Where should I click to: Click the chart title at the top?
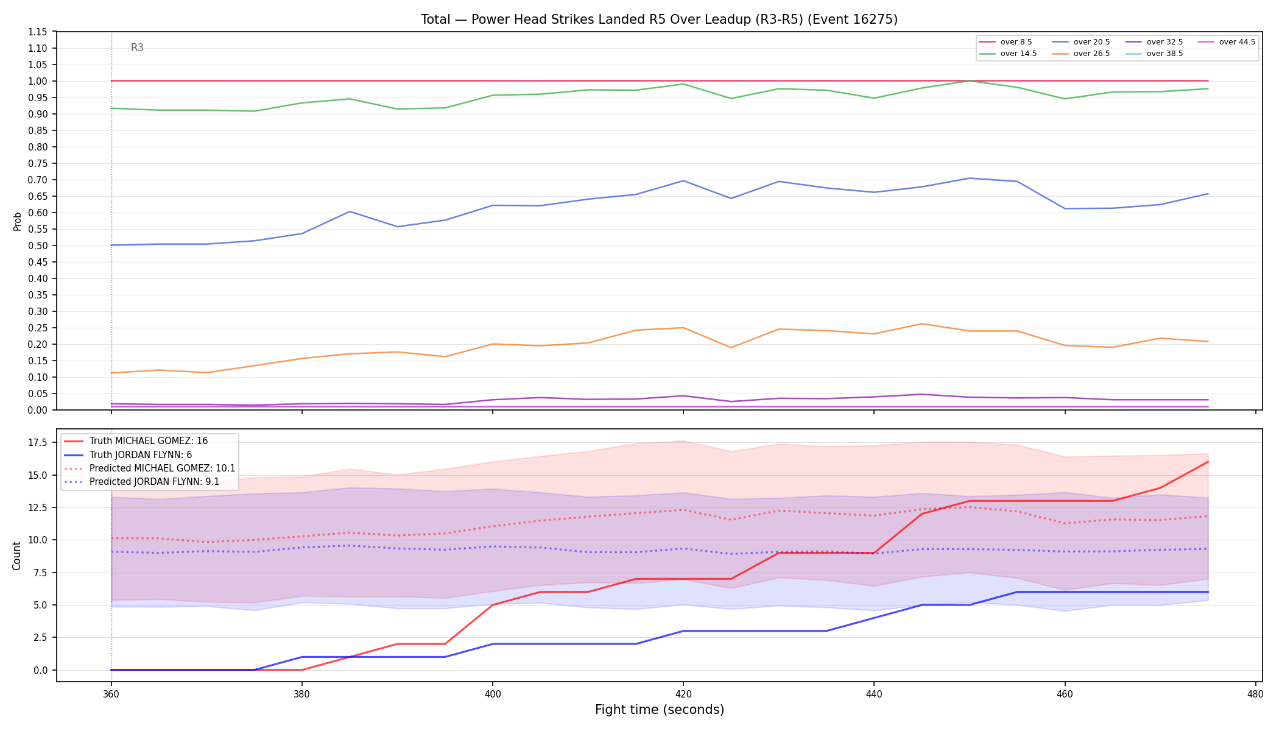pos(659,19)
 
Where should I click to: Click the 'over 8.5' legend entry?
pos(1006,42)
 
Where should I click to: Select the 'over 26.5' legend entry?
pos(1080,54)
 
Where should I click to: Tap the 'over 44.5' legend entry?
pos(1226,42)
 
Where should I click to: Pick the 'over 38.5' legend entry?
pos(1154,54)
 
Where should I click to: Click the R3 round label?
pos(138,48)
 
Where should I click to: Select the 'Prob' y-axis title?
pos(18,221)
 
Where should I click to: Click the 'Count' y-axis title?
pos(16,556)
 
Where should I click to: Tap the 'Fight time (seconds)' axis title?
pos(660,710)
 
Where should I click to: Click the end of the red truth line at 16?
pos(1208,462)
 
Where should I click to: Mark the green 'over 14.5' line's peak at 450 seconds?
pos(970,81)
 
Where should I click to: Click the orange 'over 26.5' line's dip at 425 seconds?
pos(731,347)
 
